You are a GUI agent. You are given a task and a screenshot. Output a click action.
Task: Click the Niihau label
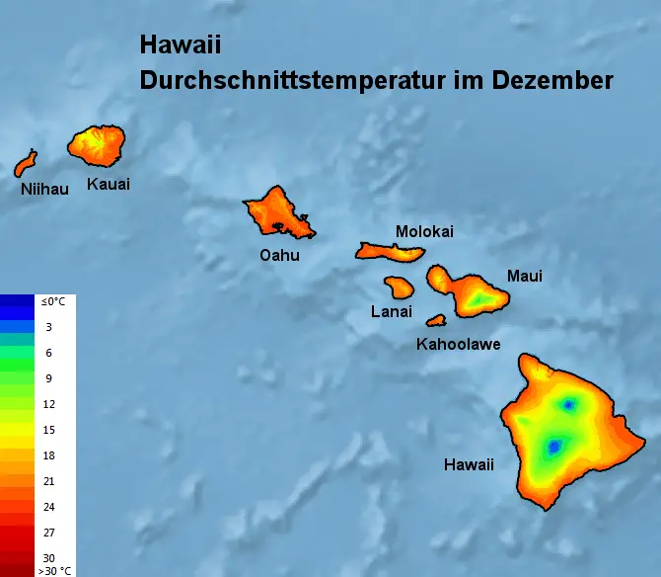44,189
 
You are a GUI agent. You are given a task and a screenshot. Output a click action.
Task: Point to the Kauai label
109,184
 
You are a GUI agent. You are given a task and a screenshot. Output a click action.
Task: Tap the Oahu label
279,255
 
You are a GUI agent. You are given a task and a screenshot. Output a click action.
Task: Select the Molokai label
424,231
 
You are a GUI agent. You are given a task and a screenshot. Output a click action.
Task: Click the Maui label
524,276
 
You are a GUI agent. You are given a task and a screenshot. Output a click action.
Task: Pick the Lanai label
392,312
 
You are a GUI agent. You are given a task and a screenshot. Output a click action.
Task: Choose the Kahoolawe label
458,345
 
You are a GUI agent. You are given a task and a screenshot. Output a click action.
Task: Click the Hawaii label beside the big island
469,464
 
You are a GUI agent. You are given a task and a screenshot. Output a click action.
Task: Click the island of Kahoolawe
436,320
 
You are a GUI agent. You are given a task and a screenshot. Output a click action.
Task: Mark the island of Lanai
399,288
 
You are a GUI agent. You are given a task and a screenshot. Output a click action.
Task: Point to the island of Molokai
390,251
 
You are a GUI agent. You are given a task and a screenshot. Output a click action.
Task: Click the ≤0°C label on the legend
51,301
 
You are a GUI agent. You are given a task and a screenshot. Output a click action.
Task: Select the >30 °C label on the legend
54,570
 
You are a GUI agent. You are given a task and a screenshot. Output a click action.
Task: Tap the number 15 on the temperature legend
48,430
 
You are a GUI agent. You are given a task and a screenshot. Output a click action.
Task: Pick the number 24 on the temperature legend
48,507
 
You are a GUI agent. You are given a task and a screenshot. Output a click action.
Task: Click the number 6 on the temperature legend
48,353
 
